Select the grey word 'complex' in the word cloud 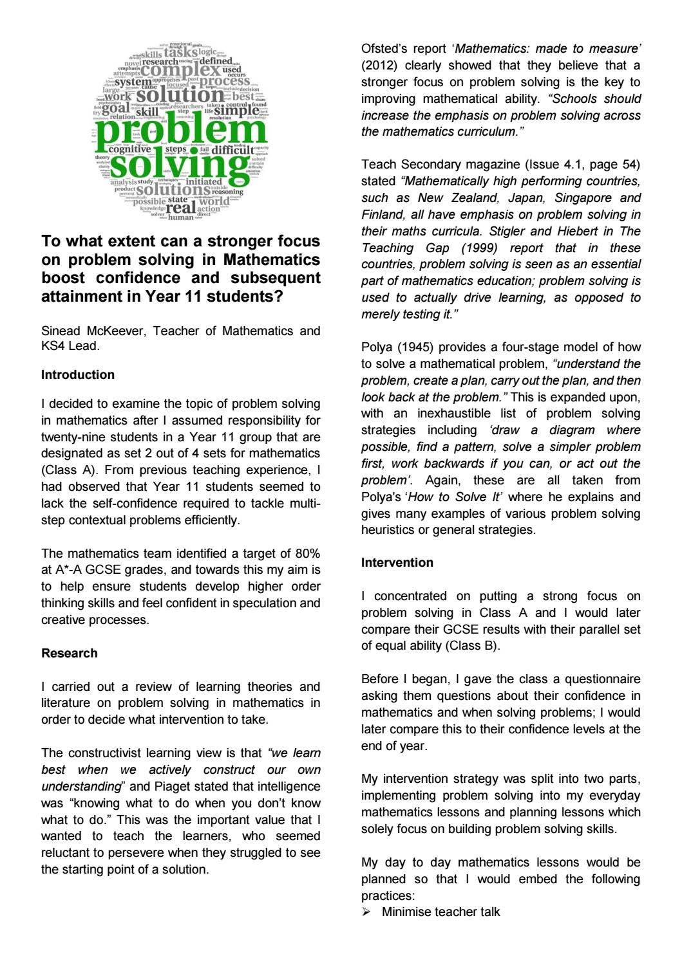pos(180,69)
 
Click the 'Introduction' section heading pos(78,374)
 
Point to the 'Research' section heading pos(70,653)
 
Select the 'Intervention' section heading pos(397,562)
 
